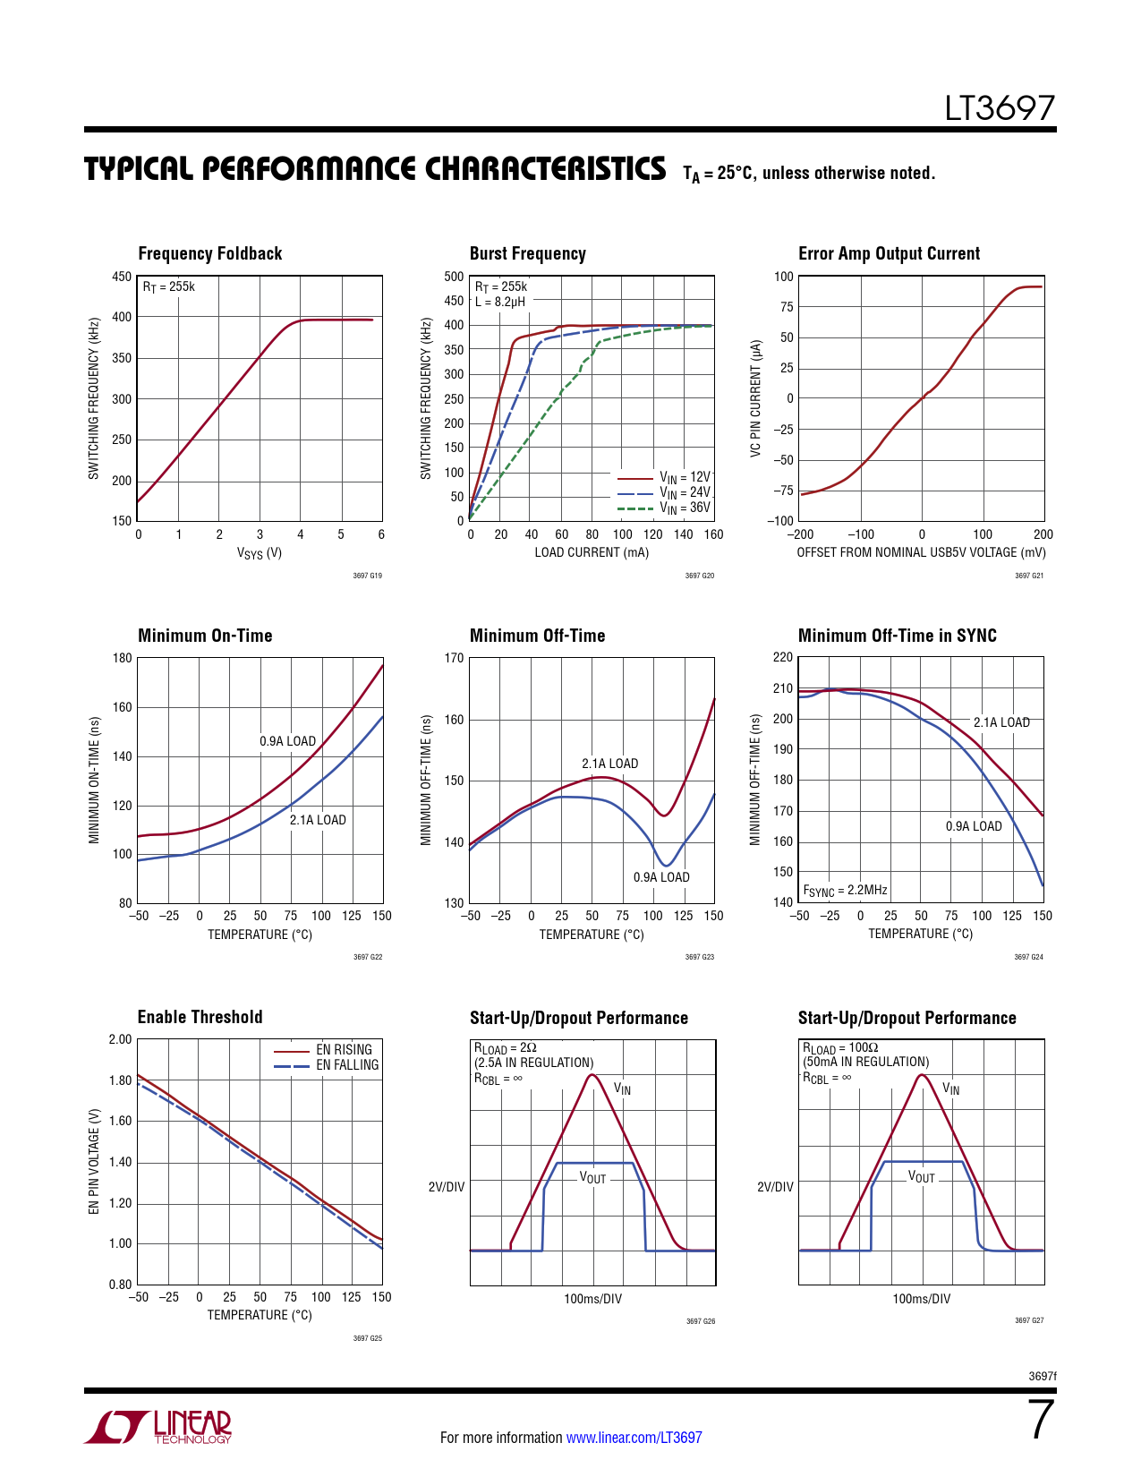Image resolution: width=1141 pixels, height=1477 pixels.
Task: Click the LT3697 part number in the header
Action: (1000, 109)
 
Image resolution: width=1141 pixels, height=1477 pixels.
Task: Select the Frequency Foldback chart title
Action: (209, 254)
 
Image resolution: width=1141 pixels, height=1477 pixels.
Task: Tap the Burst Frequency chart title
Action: (527, 254)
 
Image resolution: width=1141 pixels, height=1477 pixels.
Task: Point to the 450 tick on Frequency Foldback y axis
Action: (122, 277)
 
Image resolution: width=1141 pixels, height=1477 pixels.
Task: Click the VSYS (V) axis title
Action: (260, 553)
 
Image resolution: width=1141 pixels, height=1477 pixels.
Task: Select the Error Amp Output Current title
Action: (889, 254)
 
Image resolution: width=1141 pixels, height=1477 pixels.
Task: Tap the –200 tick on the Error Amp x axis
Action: (800, 534)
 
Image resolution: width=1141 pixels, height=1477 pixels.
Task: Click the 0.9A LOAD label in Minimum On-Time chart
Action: (287, 741)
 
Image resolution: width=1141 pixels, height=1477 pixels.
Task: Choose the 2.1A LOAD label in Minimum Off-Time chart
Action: (609, 764)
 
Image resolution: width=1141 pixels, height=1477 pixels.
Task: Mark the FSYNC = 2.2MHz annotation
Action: (845, 891)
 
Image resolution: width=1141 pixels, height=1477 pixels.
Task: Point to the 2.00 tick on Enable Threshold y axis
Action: (120, 1039)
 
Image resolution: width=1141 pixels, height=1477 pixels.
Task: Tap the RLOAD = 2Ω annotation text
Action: (505, 1048)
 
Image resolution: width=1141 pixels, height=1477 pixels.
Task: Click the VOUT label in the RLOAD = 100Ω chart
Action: (921, 1177)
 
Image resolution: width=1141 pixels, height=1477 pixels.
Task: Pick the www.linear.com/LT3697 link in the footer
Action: (634, 1438)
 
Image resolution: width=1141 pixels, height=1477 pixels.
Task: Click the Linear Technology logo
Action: (158, 1427)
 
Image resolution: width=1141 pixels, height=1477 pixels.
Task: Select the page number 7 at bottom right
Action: (1041, 1422)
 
